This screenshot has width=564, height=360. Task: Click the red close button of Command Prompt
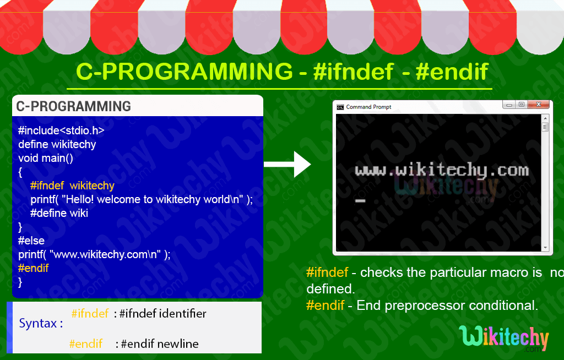539,105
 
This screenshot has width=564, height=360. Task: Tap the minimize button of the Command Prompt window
509,105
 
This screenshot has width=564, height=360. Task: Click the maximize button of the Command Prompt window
522,105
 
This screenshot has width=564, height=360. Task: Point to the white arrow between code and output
287,165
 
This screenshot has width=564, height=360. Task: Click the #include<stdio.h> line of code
61,130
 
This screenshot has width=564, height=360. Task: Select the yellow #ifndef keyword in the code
47,186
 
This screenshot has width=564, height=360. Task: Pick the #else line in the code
31,241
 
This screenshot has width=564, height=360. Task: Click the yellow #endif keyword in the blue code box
34,268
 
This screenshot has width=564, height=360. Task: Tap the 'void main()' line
46,158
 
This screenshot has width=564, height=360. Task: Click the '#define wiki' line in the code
59,213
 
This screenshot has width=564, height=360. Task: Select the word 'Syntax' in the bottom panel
38,324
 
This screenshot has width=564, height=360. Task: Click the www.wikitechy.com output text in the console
442,171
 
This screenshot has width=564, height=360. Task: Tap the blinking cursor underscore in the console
360,201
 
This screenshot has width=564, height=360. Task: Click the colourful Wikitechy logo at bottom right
505,339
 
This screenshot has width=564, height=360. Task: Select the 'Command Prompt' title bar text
368,107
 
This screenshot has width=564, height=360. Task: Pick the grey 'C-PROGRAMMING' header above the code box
73,106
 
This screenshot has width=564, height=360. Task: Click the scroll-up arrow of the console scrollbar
545,118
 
